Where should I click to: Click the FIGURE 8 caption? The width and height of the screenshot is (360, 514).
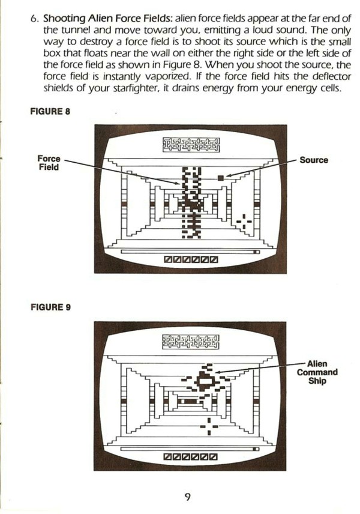pyautogui.click(x=51, y=112)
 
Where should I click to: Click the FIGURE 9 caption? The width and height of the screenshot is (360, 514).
pyautogui.click(x=51, y=307)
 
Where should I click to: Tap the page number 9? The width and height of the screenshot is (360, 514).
pyautogui.click(x=188, y=495)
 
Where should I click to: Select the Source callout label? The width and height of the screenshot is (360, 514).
pyautogui.click(x=314, y=160)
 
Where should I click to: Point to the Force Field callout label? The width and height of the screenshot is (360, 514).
pyautogui.click(x=49, y=163)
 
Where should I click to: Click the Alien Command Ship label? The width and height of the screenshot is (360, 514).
pyautogui.click(x=317, y=372)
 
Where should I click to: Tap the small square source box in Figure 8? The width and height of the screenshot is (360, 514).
pyautogui.click(x=220, y=177)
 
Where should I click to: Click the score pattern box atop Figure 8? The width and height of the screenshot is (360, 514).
pyautogui.click(x=191, y=145)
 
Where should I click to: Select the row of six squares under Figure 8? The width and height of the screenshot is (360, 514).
pyautogui.click(x=191, y=260)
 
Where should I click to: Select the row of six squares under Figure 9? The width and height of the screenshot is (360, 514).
pyautogui.click(x=191, y=458)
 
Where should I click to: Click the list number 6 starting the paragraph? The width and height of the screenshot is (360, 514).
pyautogui.click(x=34, y=17)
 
